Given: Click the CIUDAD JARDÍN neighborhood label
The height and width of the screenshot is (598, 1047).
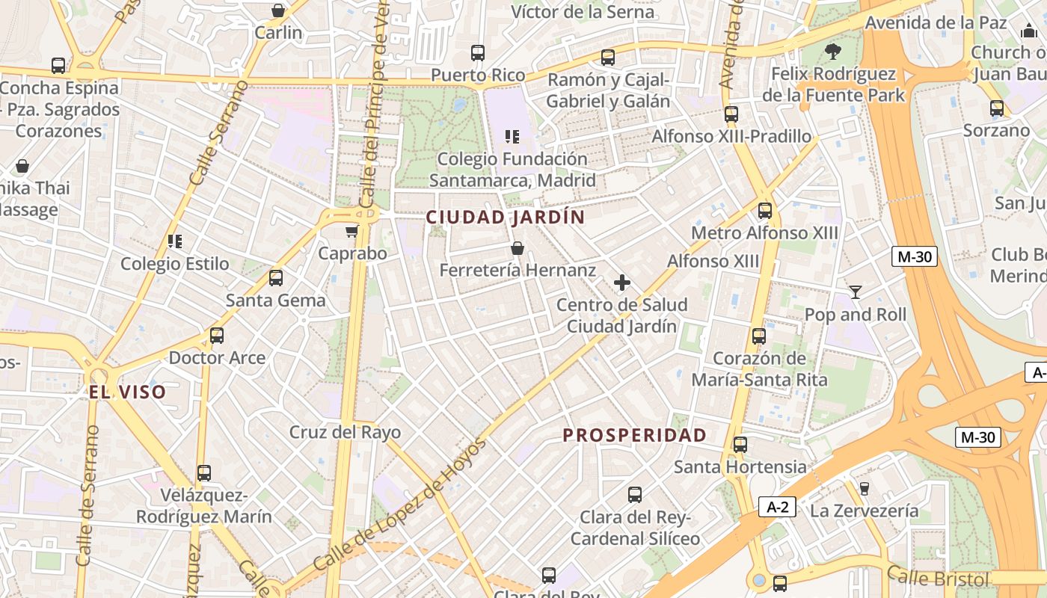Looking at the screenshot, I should click(x=505, y=218).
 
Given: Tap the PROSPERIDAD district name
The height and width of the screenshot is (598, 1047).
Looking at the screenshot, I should click(x=634, y=435).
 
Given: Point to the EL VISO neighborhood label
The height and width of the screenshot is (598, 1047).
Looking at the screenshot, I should click(x=127, y=392).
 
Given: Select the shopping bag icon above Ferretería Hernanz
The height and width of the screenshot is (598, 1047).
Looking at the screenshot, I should click(x=517, y=248).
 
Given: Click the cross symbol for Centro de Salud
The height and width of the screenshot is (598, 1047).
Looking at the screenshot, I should click(x=621, y=283).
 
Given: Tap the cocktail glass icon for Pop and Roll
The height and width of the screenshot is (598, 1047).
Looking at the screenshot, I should click(x=855, y=292).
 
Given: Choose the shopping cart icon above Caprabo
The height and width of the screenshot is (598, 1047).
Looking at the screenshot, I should click(x=351, y=231).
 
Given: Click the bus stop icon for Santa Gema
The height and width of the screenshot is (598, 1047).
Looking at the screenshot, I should click(x=275, y=278).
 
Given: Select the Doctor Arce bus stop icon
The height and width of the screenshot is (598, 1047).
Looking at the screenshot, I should click(x=216, y=335).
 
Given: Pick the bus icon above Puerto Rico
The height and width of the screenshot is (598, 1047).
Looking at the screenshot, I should click(x=477, y=53).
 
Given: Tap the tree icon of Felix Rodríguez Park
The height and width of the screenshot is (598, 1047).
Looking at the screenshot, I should click(x=832, y=52).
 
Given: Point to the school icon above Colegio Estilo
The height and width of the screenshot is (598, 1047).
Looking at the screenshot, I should click(x=175, y=241).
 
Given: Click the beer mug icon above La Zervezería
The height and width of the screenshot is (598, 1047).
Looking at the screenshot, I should click(x=864, y=488).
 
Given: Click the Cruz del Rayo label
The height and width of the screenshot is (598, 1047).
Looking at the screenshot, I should click(x=345, y=432).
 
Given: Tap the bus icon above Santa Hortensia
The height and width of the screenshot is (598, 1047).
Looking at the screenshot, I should click(x=740, y=445).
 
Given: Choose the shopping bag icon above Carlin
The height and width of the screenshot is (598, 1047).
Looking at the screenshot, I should click(x=278, y=10).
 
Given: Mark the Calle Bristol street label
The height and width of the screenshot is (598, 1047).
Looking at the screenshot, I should click(x=938, y=578).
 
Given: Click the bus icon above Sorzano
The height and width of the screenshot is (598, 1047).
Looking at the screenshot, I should click(x=996, y=108).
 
